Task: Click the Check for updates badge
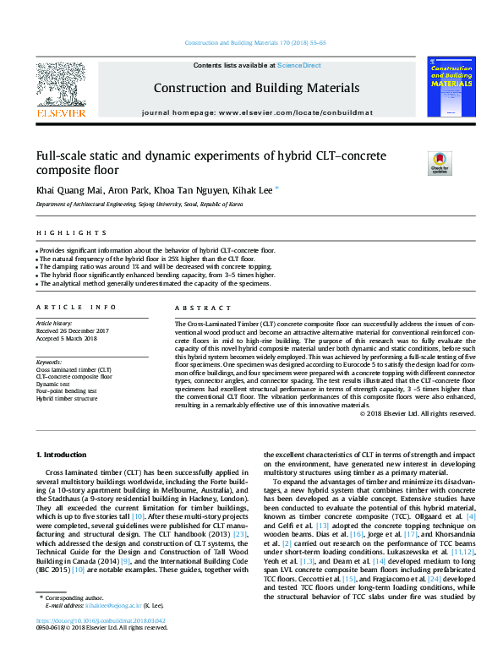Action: pyautogui.click(x=440, y=161)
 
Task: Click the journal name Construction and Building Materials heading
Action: pyautogui.click(x=256, y=88)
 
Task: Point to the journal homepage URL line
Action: pyautogui.click(x=256, y=112)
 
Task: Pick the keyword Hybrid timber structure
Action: pyautogui.click(x=67, y=399)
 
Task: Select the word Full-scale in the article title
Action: pyautogui.click(x=64, y=156)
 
